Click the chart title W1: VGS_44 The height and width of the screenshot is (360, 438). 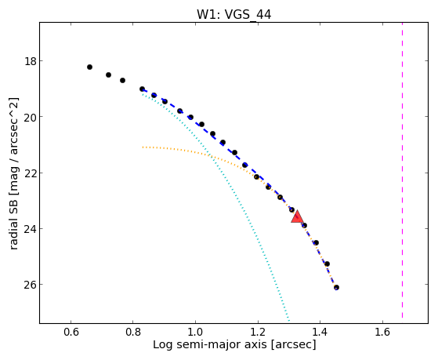click(234, 15)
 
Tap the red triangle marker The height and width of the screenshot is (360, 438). click(297, 217)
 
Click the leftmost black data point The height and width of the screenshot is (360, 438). click(89, 67)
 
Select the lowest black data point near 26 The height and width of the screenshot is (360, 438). click(336, 288)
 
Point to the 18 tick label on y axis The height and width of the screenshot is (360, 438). click(31, 60)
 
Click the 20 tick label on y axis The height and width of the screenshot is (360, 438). click(31, 117)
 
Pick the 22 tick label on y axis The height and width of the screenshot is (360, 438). click(31, 173)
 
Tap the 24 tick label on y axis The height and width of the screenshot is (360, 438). click(31, 228)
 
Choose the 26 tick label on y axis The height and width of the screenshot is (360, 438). click(31, 285)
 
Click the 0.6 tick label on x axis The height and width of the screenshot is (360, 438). click(71, 332)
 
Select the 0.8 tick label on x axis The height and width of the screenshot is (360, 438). click(133, 332)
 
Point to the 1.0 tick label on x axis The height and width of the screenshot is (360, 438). click(195, 332)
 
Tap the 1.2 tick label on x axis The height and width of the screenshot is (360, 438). click(258, 332)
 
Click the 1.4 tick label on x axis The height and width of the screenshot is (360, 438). click(320, 332)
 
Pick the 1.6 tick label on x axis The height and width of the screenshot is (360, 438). click(382, 332)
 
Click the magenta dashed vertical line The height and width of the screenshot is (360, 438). click(402, 170)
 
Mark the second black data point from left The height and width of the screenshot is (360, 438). click(108, 75)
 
